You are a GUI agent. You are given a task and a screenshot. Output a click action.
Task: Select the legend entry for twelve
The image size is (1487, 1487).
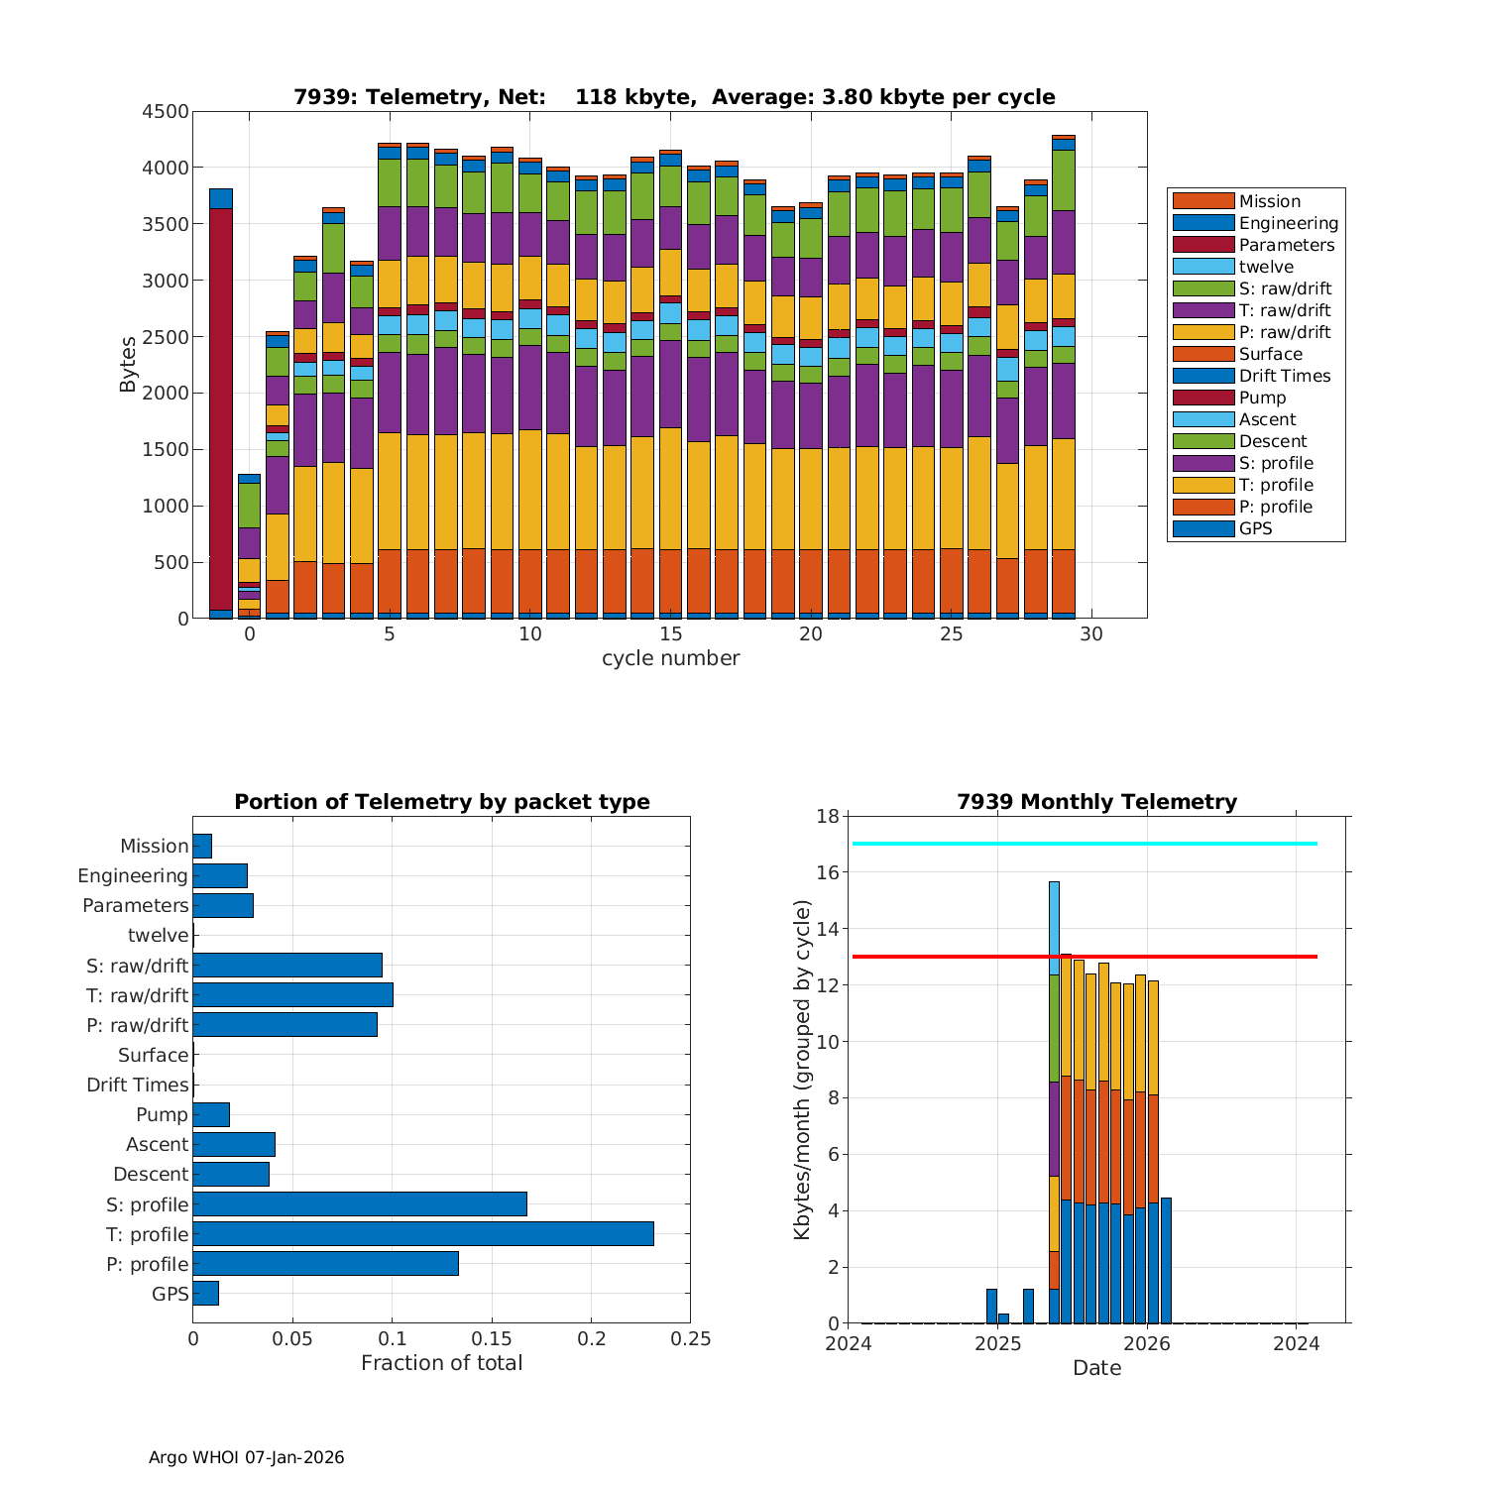pyautogui.click(x=1265, y=267)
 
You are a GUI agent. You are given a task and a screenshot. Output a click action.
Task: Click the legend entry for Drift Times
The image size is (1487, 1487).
pyautogui.click(x=1284, y=376)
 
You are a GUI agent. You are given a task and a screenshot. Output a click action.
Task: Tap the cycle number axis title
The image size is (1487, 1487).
pyautogui.click(x=670, y=658)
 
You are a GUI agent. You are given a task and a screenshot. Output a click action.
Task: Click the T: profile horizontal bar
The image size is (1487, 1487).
pyautogui.click(x=423, y=1234)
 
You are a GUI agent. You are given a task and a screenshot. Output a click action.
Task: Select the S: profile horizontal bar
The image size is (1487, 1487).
pyautogui.click(x=360, y=1204)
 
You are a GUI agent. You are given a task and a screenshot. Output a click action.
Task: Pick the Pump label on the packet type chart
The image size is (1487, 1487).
pyautogui.click(x=162, y=1115)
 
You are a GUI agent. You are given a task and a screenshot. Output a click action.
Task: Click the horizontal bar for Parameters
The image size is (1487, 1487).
pyautogui.click(x=223, y=906)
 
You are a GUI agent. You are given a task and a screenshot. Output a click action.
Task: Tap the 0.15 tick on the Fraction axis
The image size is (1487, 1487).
pyautogui.click(x=492, y=1339)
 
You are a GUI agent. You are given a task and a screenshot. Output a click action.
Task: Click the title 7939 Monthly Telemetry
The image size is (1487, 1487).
pyautogui.click(x=1096, y=802)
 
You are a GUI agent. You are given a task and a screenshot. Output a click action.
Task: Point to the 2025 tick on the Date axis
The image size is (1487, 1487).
pyautogui.click(x=997, y=1344)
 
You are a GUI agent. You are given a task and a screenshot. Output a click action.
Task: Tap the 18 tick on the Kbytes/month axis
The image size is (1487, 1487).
pyautogui.click(x=828, y=817)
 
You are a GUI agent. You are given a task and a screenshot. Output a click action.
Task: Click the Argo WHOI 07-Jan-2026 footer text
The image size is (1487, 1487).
pyautogui.click(x=246, y=1457)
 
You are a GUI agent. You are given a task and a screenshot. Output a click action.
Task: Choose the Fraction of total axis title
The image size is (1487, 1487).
pyautogui.click(x=441, y=1363)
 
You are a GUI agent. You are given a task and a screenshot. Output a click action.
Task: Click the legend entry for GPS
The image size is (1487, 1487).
pyautogui.click(x=1255, y=528)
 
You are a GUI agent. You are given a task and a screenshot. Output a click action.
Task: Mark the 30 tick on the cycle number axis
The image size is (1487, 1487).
pyautogui.click(x=1091, y=634)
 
